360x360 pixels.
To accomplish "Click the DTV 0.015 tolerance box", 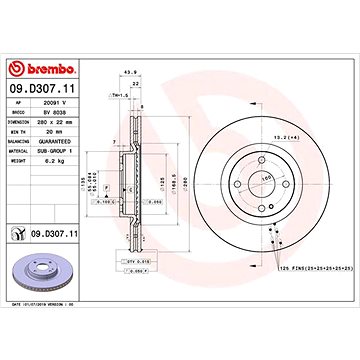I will pyautogui.click(x=139, y=260).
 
